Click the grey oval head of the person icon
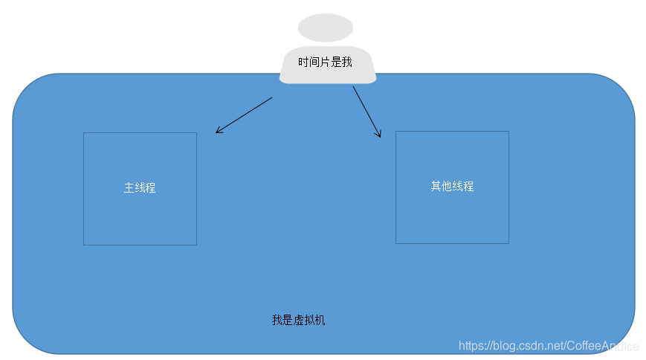(x=325, y=28)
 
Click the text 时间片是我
(x=325, y=62)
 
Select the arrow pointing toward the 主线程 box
(x=244, y=115)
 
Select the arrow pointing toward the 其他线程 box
(x=366, y=112)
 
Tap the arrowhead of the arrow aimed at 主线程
(x=217, y=132)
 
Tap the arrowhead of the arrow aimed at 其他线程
(x=379, y=136)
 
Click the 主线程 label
(x=140, y=188)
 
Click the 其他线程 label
(x=452, y=187)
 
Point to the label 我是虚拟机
(x=298, y=321)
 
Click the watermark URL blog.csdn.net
(x=529, y=346)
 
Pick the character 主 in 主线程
(x=129, y=188)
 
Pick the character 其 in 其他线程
(x=436, y=187)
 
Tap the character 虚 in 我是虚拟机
(x=298, y=321)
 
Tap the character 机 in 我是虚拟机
(x=320, y=321)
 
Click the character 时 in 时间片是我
(x=303, y=62)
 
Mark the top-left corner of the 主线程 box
(x=84, y=133)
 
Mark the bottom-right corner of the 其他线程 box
(x=508, y=242)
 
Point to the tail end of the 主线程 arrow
(x=272, y=97)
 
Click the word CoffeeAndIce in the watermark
(x=603, y=346)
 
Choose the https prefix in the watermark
(x=473, y=346)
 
